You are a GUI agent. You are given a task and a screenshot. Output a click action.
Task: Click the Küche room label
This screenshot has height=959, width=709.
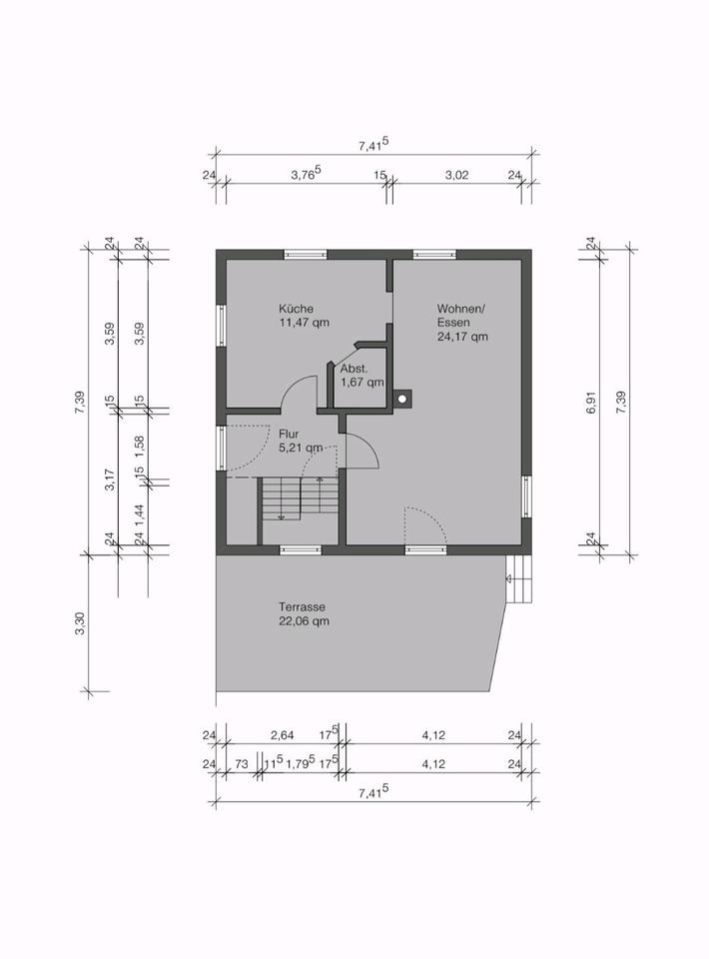pyautogui.click(x=296, y=309)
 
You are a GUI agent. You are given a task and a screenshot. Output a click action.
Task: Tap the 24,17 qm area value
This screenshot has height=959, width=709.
pyautogui.click(x=462, y=337)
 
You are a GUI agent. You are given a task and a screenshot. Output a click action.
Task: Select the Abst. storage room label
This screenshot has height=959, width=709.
pyautogui.click(x=354, y=369)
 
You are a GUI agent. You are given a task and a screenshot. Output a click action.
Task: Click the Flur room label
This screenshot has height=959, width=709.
pyautogui.click(x=289, y=434)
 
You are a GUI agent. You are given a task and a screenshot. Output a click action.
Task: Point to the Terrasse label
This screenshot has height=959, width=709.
pyautogui.click(x=302, y=606)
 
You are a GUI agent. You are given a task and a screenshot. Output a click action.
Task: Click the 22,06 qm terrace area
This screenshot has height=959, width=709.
pyautogui.click(x=304, y=621)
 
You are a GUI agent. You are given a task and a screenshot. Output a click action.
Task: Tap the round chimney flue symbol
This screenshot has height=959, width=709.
pyautogui.click(x=402, y=399)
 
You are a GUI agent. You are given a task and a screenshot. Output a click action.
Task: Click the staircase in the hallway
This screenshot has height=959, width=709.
pyautogui.click(x=301, y=499)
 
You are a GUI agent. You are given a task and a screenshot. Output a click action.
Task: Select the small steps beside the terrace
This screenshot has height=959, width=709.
pyautogui.click(x=518, y=578)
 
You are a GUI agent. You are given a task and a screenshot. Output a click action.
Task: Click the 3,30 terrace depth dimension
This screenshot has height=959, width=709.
pyautogui.click(x=80, y=623)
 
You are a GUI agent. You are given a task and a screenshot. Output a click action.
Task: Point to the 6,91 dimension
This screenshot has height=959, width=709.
pyautogui.click(x=590, y=402)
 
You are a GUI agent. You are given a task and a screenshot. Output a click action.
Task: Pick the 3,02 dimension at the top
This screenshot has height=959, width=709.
pyautogui.click(x=456, y=175)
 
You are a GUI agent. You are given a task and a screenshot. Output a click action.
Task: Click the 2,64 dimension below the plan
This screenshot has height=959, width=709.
pyautogui.click(x=282, y=735)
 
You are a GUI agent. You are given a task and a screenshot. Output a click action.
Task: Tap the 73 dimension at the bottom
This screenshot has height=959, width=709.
pyautogui.click(x=242, y=764)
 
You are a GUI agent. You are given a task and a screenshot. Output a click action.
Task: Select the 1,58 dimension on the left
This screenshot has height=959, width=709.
pyautogui.click(x=140, y=444)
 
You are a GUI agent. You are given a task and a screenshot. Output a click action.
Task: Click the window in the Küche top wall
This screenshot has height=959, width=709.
pyautogui.click(x=306, y=255)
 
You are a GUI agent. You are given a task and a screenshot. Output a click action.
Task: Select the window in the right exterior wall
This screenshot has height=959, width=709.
pyautogui.click(x=526, y=496)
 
